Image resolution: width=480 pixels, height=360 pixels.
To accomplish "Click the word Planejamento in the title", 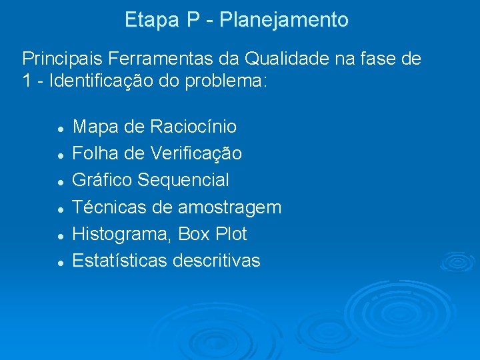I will tap(284, 21).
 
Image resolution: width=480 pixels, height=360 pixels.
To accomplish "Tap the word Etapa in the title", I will tap(153, 21).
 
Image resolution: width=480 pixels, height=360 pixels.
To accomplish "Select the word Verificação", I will tap(197, 154).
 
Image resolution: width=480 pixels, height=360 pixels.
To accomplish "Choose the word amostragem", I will tap(229, 208).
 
